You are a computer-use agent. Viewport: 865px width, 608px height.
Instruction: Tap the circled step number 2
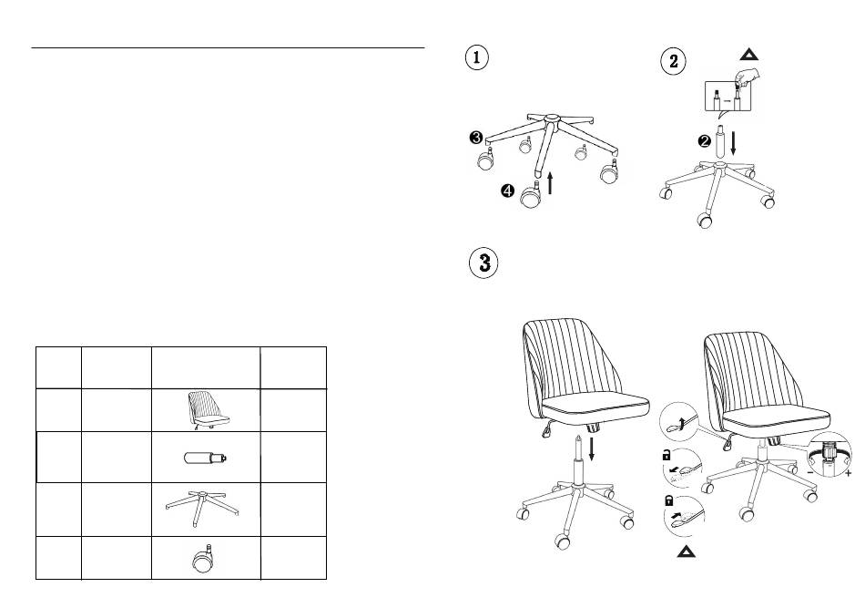click(673, 61)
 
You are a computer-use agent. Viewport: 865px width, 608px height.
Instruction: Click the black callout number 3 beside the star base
click(475, 138)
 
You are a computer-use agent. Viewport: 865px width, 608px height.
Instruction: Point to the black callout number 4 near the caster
click(506, 191)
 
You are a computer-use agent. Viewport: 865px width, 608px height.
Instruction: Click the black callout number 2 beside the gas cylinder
click(704, 140)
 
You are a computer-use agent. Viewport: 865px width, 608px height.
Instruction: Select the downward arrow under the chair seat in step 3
click(592, 448)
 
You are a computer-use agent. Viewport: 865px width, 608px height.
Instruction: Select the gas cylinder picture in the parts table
click(206, 457)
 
